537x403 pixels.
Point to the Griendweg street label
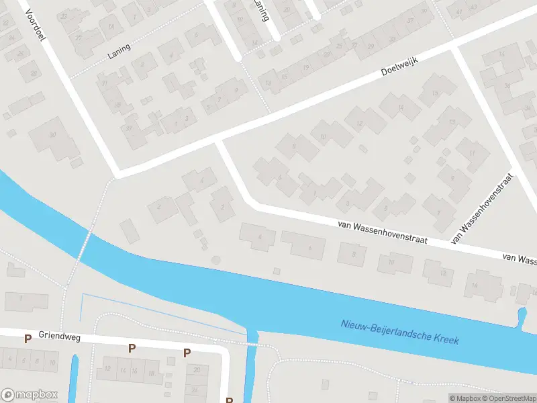coord(60,335)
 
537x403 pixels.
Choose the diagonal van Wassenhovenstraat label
coord(483,208)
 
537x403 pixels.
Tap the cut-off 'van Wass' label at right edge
coord(520,258)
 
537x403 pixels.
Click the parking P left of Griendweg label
coord(28,339)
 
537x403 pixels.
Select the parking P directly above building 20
coord(187,353)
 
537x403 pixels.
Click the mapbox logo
coord(30,395)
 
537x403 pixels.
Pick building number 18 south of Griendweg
coord(150,373)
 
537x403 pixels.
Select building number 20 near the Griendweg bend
coord(197,370)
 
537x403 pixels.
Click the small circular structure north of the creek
coord(215,259)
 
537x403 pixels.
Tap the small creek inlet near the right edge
coord(522,316)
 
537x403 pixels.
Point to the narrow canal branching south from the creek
coord(250,366)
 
